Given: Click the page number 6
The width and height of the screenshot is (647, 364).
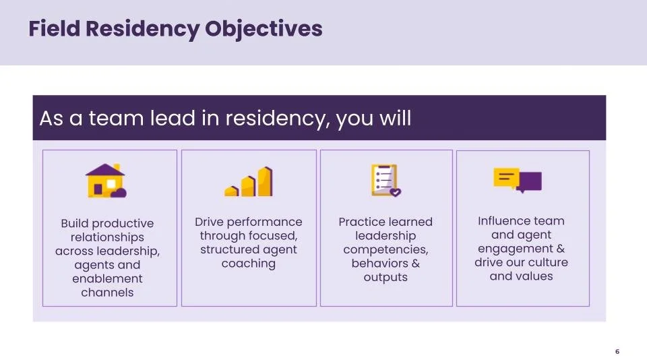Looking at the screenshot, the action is [617, 351].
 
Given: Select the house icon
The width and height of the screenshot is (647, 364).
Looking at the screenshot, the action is [106, 181].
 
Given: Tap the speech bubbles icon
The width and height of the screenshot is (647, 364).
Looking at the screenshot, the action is [518, 180].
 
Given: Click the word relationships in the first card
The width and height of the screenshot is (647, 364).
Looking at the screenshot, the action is [107, 237].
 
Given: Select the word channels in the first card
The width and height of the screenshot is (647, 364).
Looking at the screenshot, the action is [107, 293].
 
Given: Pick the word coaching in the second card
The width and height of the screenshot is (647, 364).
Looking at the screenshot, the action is [249, 264].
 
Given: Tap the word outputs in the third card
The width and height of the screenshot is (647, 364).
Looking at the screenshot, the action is [386, 277].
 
